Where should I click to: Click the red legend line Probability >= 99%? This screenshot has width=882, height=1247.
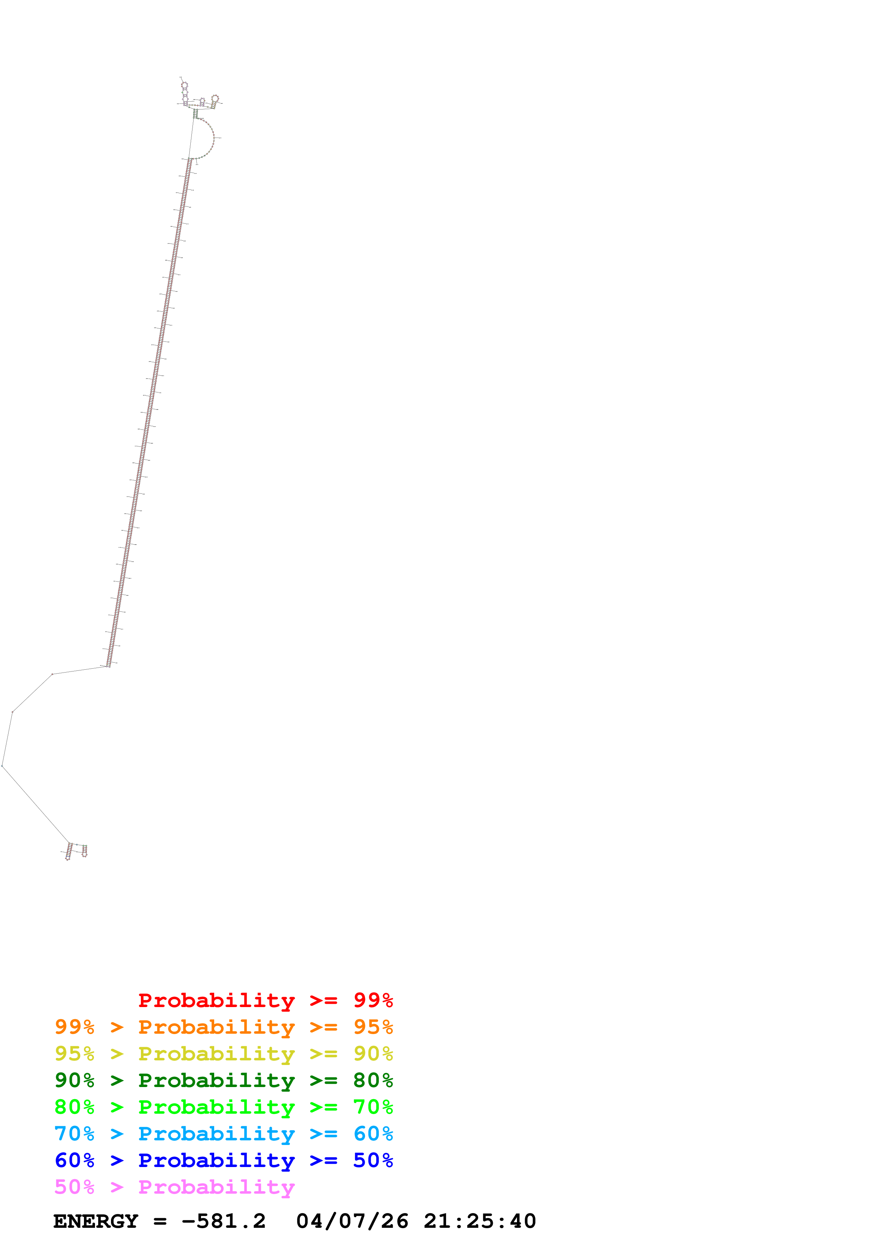265,1000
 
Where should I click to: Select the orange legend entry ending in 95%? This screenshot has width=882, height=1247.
223,1027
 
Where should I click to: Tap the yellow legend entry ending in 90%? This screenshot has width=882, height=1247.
223,1054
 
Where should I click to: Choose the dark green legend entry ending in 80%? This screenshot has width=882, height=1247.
223,1080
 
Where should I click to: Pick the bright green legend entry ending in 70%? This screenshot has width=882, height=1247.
223,1107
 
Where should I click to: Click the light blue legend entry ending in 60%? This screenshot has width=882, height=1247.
223,1134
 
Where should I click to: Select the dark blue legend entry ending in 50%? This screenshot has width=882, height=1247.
223,1160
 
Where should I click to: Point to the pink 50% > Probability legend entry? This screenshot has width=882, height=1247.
174,1187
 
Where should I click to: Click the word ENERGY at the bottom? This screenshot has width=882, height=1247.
96,1221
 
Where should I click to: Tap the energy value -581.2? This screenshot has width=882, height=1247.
223,1221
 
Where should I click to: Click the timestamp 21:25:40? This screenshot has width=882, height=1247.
479,1221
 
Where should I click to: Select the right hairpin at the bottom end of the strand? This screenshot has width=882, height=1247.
85,851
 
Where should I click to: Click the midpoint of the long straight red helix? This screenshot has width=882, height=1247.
149,411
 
